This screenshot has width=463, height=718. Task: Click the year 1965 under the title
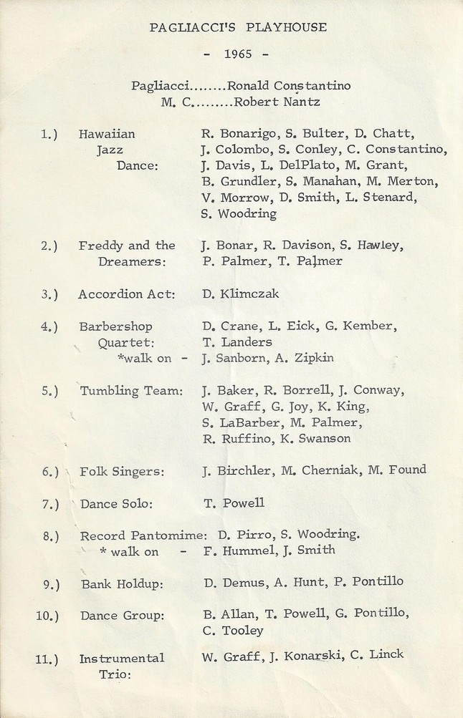point(237,54)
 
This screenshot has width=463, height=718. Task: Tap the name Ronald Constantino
point(289,86)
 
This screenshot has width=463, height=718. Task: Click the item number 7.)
point(51,504)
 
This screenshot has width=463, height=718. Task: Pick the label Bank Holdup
point(121,584)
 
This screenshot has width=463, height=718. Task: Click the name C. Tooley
point(233,631)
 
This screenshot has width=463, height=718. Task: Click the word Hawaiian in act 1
point(107,133)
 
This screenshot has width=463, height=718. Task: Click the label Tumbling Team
point(131,391)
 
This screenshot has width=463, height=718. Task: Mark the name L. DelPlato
point(280,165)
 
